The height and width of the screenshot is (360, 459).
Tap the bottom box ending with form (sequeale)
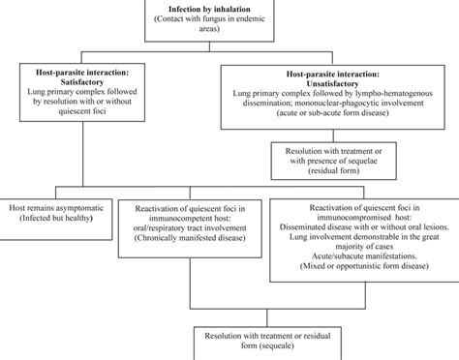[x=248, y=339]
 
